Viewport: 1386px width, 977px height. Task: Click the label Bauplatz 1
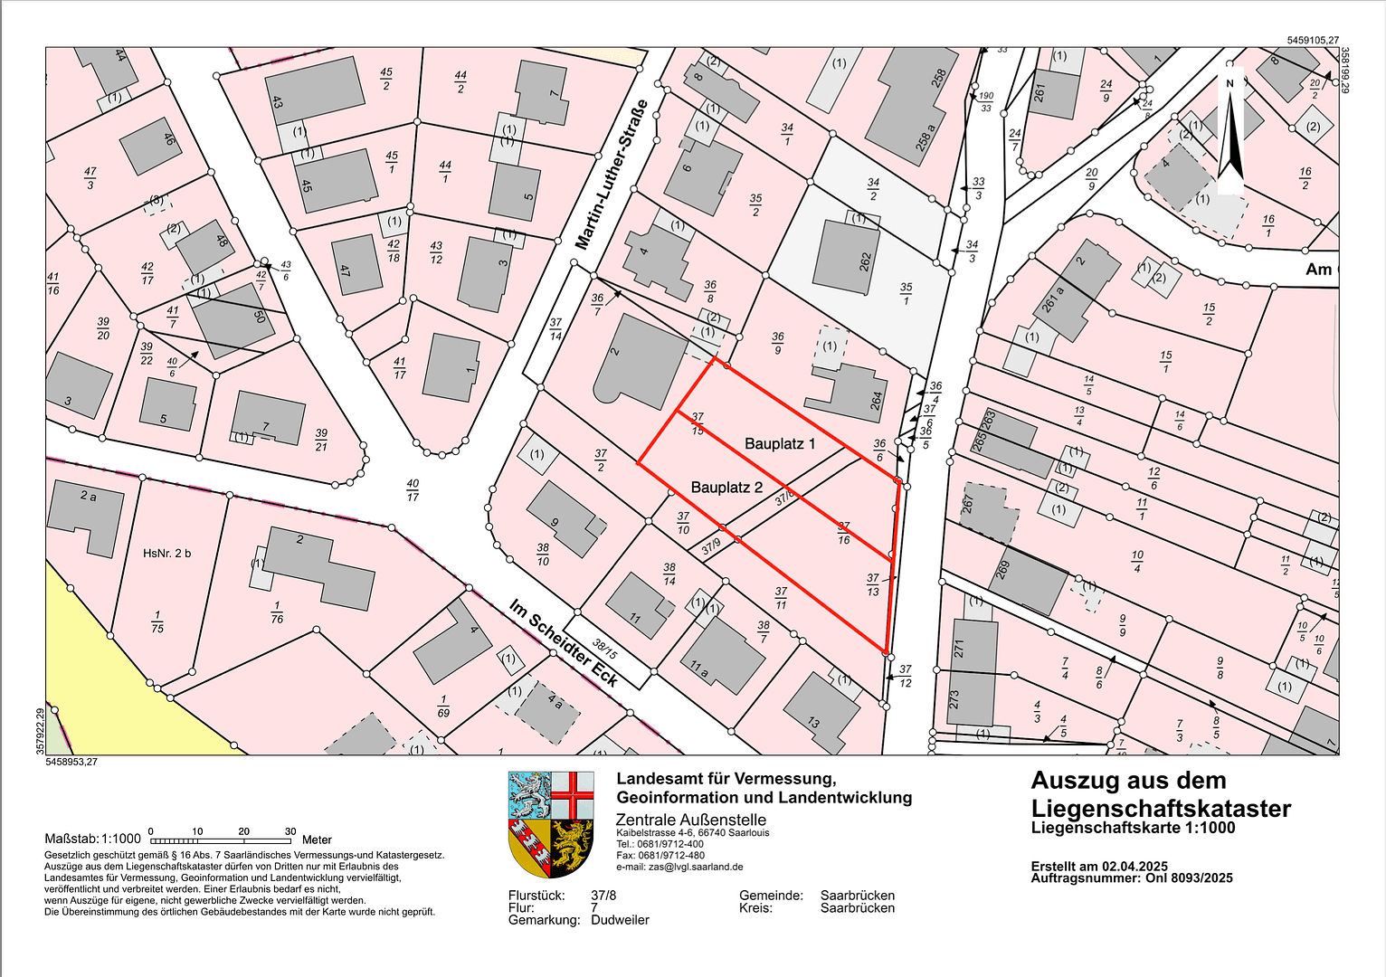(780, 443)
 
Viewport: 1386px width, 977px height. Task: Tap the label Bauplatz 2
(726, 487)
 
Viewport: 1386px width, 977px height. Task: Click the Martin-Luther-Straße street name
(612, 174)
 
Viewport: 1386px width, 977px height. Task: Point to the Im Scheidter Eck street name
(563, 642)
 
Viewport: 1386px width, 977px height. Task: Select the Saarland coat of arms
(551, 823)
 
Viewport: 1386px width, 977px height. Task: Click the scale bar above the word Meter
(221, 840)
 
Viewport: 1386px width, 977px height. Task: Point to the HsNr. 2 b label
(167, 553)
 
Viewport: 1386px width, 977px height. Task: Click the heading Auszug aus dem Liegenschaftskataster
(1161, 794)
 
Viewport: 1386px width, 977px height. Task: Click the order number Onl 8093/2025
(1182, 877)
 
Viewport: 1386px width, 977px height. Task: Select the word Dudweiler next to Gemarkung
(620, 920)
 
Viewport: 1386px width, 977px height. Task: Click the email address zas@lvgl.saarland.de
(695, 867)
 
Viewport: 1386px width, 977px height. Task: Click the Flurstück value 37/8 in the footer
(603, 896)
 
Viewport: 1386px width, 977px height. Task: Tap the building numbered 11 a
(723, 655)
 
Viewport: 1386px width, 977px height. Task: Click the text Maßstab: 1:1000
(93, 839)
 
